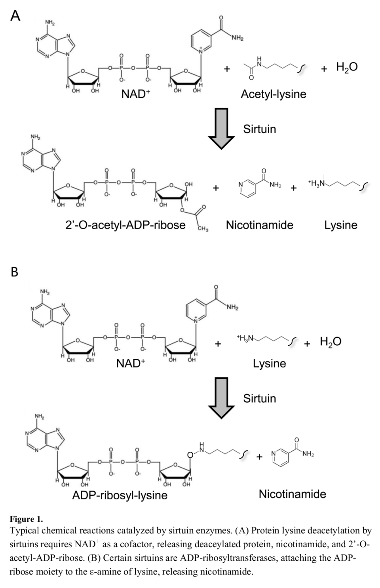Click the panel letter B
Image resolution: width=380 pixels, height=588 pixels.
(x=14, y=272)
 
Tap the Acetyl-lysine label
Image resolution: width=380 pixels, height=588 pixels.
(x=273, y=94)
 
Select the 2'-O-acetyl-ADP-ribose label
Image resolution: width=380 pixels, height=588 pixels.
(x=125, y=225)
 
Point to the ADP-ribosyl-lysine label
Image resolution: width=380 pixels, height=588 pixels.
(x=120, y=495)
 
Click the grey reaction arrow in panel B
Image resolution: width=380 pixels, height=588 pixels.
(x=221, y=398)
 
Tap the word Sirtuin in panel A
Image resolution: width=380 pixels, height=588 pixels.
(x=259, y=129)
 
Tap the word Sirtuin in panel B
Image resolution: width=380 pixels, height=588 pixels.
(x=259, y=398)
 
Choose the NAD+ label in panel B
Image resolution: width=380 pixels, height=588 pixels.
(x=131, y=363)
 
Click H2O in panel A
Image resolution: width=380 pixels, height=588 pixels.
(x=347, y=67)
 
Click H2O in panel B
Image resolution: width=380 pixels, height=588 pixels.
(x=331, y=341)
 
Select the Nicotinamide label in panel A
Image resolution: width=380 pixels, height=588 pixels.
(x=259, y=225)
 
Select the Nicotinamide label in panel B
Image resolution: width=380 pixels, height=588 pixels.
(x=292, y=494)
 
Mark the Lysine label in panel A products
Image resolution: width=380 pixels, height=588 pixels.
(x=340, y=225)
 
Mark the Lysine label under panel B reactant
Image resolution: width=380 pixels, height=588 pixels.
(x=269, y=363)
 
